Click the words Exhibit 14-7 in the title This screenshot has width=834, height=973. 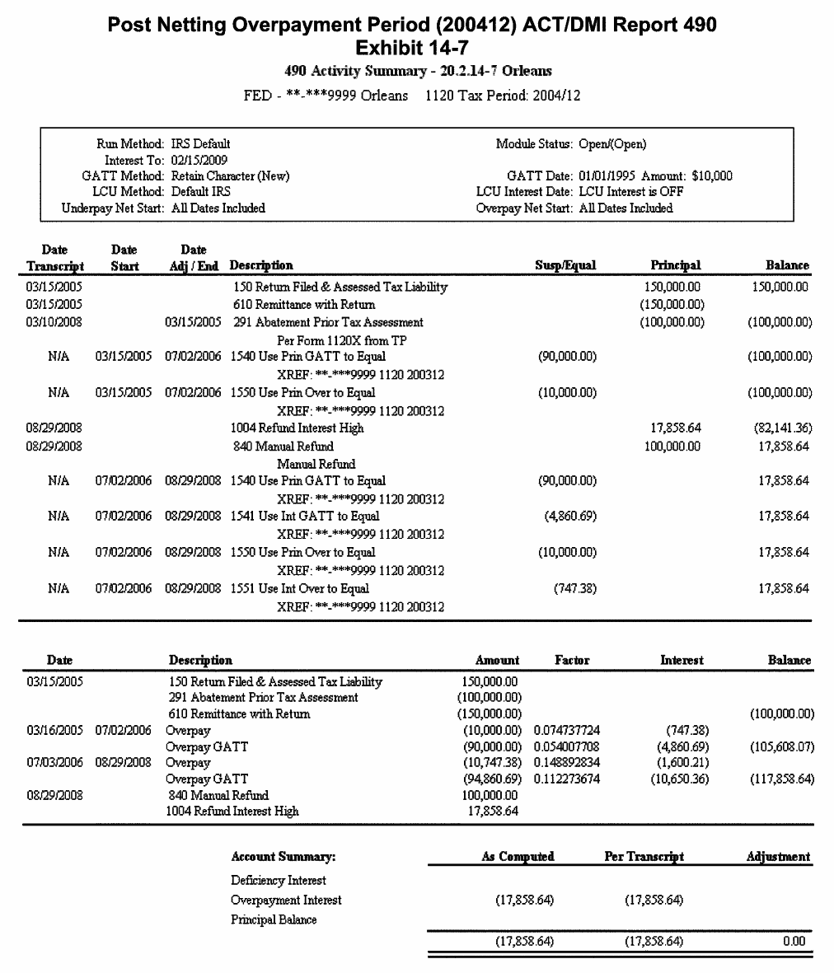tap(412, 48)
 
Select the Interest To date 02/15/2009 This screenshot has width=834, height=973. tap(199, 160)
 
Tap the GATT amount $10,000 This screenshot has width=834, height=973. tap(711, 176)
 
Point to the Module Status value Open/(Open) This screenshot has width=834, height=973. tap(612, 144)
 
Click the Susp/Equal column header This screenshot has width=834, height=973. tap(565, 265)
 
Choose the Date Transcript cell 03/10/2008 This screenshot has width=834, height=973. tap(54, 322)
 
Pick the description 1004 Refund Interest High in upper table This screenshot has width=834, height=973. tap(297, 428)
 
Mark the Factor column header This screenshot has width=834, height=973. tap(572, 660)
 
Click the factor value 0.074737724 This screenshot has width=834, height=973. tap(567, 731)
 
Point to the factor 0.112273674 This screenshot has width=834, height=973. tap(567, 779)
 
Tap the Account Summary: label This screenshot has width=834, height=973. tap(283, 857)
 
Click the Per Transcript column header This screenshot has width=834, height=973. tap(644, 857)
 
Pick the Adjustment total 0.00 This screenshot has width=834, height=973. tap(794, 941)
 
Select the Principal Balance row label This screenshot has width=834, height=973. tap(274, 920)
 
